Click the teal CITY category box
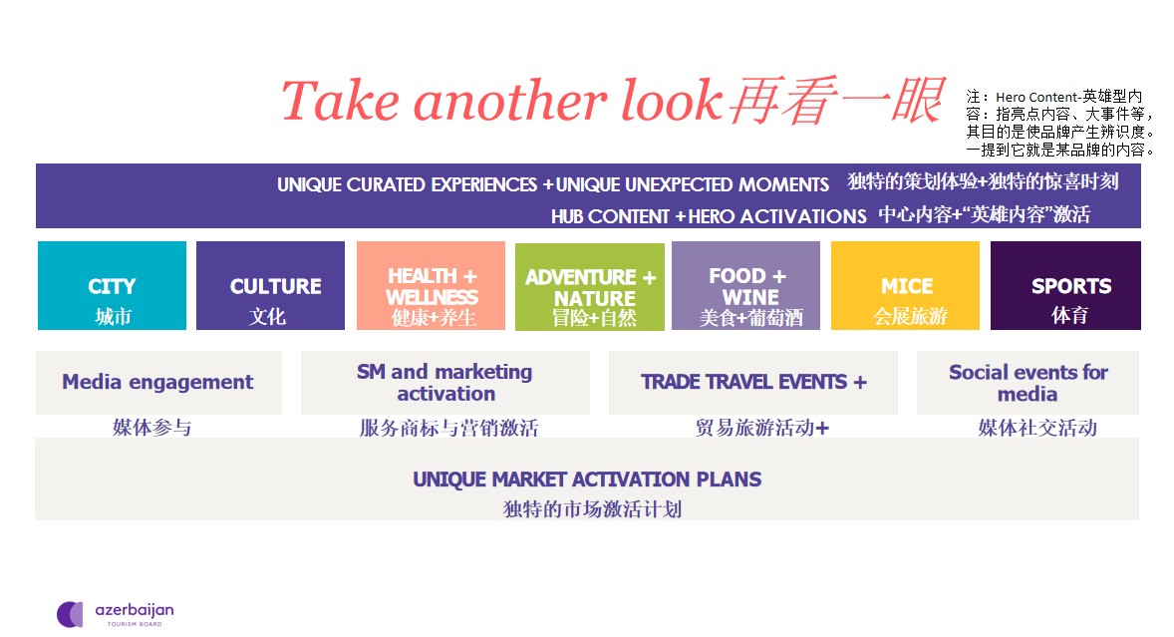(113, 285)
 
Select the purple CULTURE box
(270, 285)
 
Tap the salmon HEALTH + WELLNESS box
(431, 285)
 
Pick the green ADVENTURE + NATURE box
(589, 287)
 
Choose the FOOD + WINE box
(745, 285)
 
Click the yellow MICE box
(905, 285)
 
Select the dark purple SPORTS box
(1065, 285)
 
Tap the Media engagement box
(158, 383)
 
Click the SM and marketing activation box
(444, 383)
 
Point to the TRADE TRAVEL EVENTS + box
(753, 383)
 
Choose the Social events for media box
(1028, 383)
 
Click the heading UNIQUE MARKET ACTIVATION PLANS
(587, 479)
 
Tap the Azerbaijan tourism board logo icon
(71, 614)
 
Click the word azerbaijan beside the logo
(135, 611)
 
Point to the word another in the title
(510, 101)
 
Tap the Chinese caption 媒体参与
(152, 428)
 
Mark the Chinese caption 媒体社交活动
(1037, 428)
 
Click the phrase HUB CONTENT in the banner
(610, 216)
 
